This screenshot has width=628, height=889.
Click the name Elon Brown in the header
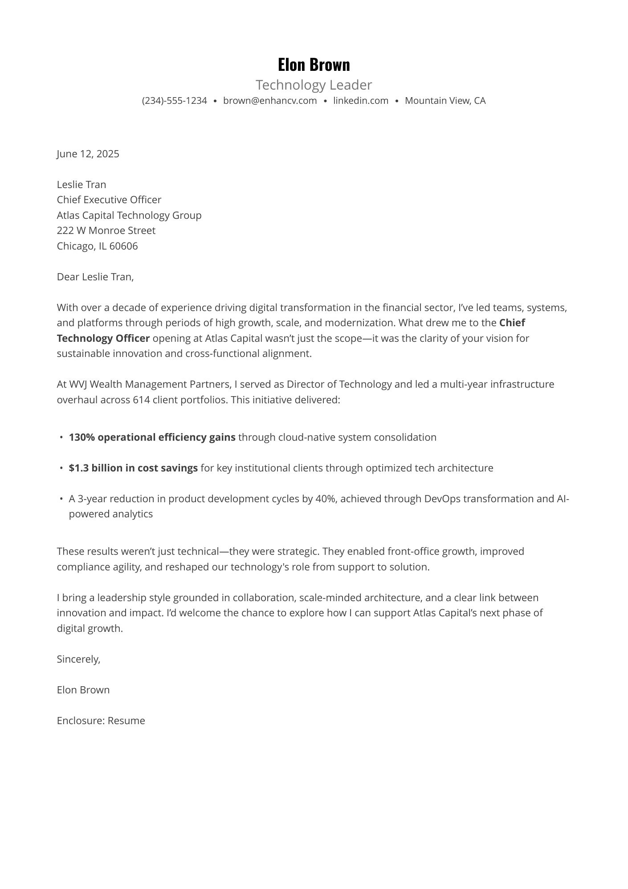pyautogui.click(x=314, y=65)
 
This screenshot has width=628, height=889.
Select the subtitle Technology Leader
pyautogui.click(x=314, y=85)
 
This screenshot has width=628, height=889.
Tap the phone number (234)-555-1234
pyautogui.click(x=174, y=101)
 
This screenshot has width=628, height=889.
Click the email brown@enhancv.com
pyautogui.click(x=270, y=101)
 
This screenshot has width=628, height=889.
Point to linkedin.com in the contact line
pyautogui.click(x=360, y=101)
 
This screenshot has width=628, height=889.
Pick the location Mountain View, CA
pyautogui.click(x=445, y=101)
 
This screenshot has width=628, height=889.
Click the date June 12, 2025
pyautogui.click(x=88, y=154)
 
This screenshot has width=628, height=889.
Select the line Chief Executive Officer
pyautogui.click(x=109, y=200)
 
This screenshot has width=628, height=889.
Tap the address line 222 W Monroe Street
pyautogui.click(x=106, y=230)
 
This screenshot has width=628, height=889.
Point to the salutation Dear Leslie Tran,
pyautogui.click(x=95, y=277)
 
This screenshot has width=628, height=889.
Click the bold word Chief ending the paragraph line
pyautogui.click(x=512, y=323)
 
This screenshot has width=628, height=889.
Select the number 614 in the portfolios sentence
pyautogui.click(x=141, y=400)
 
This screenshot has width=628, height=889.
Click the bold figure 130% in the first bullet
pyautogui.click(x=82, y=437)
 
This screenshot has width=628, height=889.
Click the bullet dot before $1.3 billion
pyautogui.click(x=61, y=468)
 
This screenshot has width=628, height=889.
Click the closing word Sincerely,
pyautogui.click(x=78, y=659)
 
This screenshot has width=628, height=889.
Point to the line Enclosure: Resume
pyautogui.click(x=101, y=721)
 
